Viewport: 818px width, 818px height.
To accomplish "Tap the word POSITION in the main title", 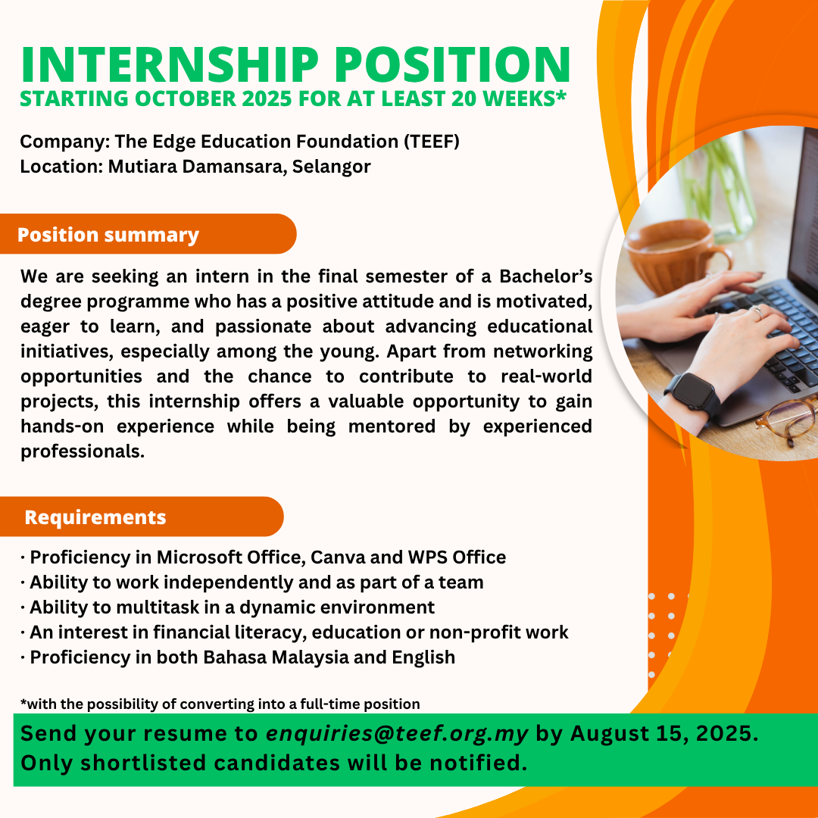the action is click(452, 64).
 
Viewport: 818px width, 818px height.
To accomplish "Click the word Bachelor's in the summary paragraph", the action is click(545, 276).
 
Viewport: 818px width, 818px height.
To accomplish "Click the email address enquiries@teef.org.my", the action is click(397, 733).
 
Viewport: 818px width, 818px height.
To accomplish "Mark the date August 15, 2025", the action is click(665, 733).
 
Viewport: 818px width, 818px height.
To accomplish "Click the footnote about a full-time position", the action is click(220, 704).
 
